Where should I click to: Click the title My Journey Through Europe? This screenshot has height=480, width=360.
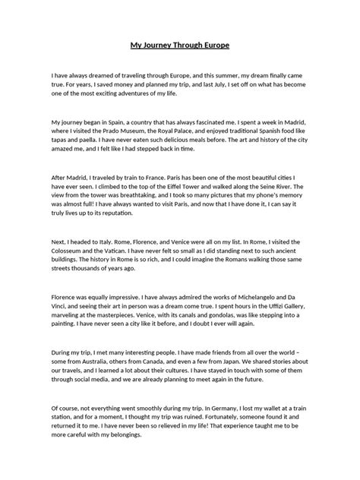pyautogui.click(x=180, y=46)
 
